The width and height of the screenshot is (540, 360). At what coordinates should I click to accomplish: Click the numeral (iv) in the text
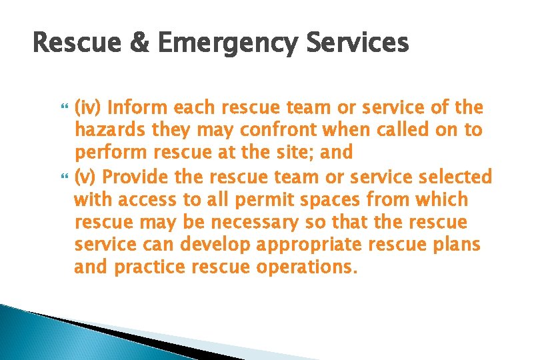click(88, 107)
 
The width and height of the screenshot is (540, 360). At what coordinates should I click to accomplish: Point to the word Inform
click(137, 107)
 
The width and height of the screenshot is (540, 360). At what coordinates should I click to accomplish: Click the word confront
click(263, 130)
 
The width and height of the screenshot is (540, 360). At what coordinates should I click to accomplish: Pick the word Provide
click(133, 177)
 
